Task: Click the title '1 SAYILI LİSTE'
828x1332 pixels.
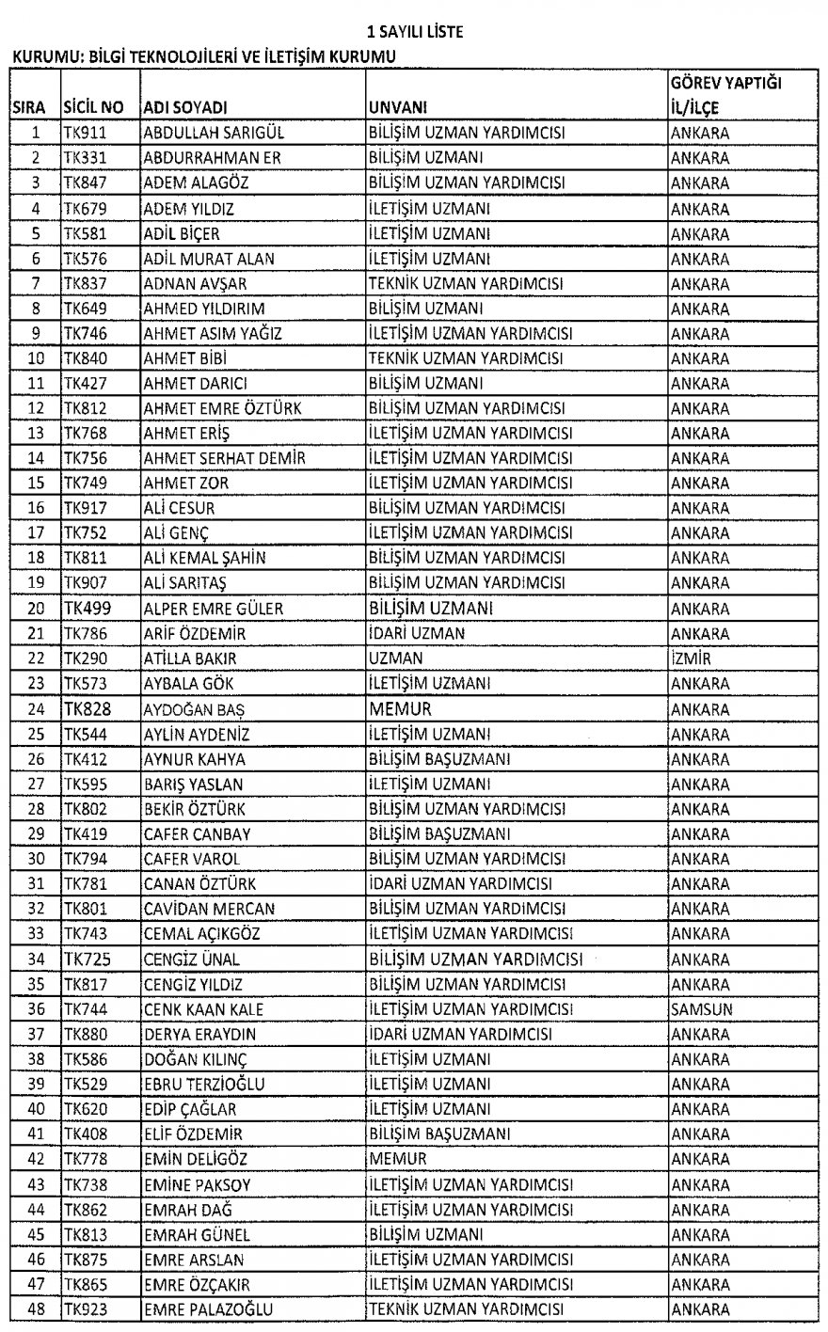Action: click(415, 33)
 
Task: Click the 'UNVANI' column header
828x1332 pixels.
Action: click(399, 108)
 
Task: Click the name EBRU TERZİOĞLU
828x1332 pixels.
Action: click(203, 1084)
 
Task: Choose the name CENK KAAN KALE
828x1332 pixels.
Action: click(203, 1008)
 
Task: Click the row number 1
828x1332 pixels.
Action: click(36, 134)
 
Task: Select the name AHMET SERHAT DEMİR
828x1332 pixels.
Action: click(224, 458)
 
